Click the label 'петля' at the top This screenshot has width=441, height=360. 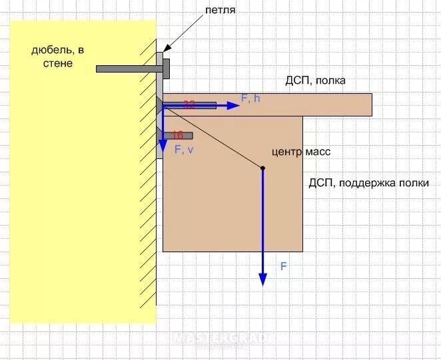(220, 11)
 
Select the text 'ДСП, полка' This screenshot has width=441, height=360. (316, 81)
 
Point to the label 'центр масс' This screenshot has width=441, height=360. (301, 152)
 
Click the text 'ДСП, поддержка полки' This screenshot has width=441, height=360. (368, 182)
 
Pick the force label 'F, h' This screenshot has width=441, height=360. (251, 98)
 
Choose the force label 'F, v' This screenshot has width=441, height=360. (184, 150)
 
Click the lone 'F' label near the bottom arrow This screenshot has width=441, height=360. (283, 266)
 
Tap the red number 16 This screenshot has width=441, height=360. (177, 135)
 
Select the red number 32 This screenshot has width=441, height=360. (189, 104)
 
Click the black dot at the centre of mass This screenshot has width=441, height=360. (262, 168)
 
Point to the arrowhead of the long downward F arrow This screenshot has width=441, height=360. (262, 279)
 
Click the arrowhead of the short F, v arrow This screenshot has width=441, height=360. (163, 146)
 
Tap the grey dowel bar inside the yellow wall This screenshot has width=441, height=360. (127, 69)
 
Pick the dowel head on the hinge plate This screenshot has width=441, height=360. (166, 68)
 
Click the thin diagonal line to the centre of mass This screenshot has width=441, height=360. (213, 136)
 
